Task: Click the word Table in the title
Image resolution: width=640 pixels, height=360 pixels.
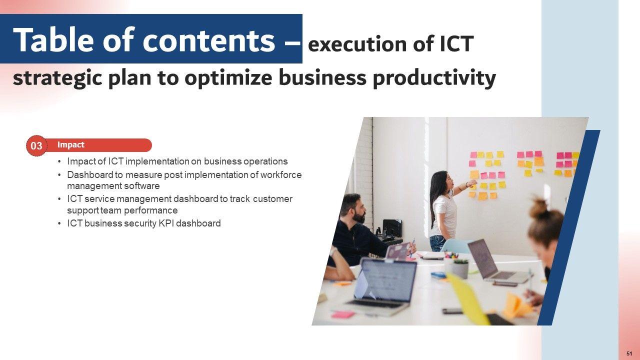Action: coord(53,39)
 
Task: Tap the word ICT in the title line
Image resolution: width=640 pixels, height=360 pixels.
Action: coord(456,44)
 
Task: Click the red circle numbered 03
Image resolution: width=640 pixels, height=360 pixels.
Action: coord(36,145)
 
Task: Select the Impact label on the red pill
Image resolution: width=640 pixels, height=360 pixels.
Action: coord(70,145)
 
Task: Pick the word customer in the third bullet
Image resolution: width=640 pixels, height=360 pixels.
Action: coord(272,199)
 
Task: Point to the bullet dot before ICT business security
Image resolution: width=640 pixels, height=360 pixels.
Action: coord(59,223)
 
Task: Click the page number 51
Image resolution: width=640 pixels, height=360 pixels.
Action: coord(629,353)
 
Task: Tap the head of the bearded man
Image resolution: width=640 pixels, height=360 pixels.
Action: coord(353,207)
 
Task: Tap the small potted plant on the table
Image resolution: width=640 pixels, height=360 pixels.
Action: coord(460,268)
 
